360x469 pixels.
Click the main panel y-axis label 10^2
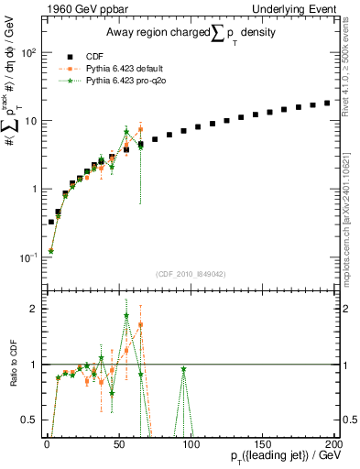click(x=27, y=52)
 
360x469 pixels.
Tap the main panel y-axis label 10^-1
click(x=27, y=257)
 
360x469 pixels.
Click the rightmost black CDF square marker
click(x=327, y=103)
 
